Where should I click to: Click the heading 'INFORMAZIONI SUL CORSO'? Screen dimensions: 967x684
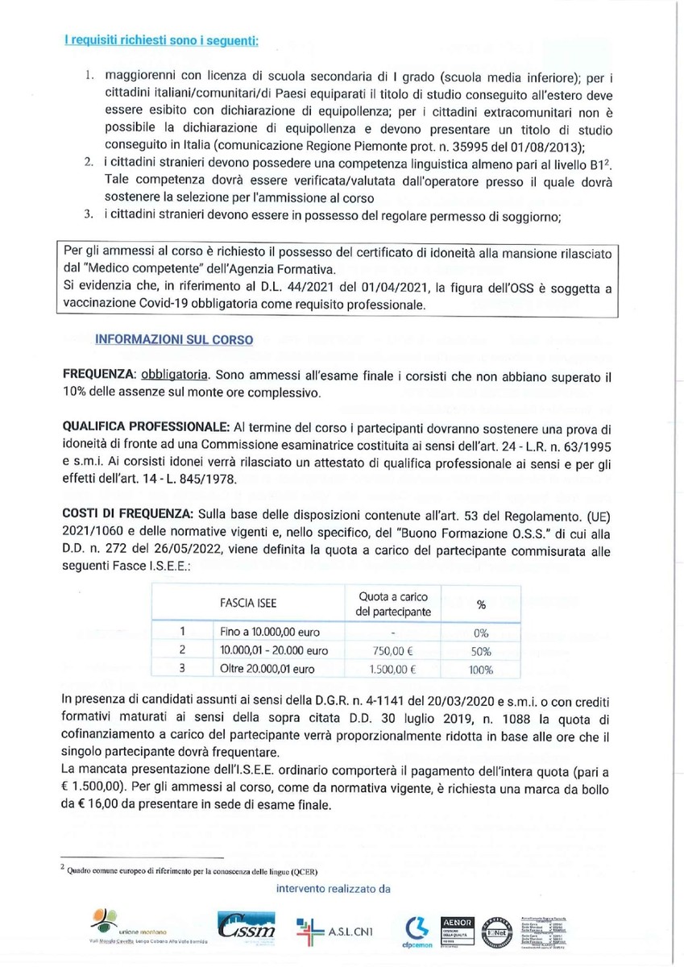pyautogui.click(x=174, y=340)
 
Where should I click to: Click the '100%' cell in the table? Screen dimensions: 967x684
pyautogui.click(x=482, y=669)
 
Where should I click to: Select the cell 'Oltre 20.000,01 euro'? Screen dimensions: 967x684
pyautogui.click(x=267, y=669)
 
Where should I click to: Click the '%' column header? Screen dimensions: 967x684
pyautogui.click(x=482, y=604)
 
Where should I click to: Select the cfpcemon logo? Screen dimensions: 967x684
pyautogui.click(x=414, y=929)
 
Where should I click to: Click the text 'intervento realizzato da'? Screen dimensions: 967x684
pyautogui.click(x=333, y=889)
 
